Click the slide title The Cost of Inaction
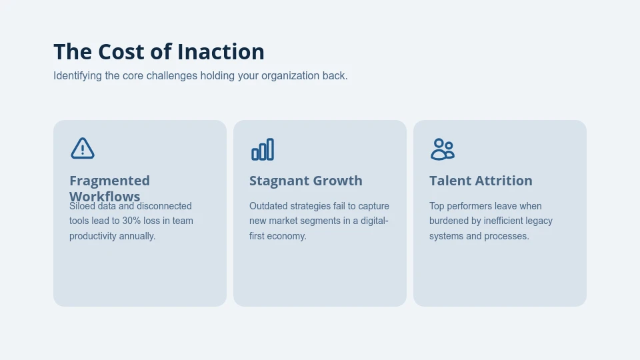(x=159, y=52)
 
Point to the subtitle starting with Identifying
(x=200, y=76)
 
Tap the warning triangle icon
(x=83, y=149)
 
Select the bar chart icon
(x=263, y=149)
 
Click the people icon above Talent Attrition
(x=442, y=149)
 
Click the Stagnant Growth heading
(x=305, y=181)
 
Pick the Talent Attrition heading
(x=481, y=181)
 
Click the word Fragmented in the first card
(x=109, y=181)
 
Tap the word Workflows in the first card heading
(x=105, y=196)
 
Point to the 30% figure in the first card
(x=131, y=221)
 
